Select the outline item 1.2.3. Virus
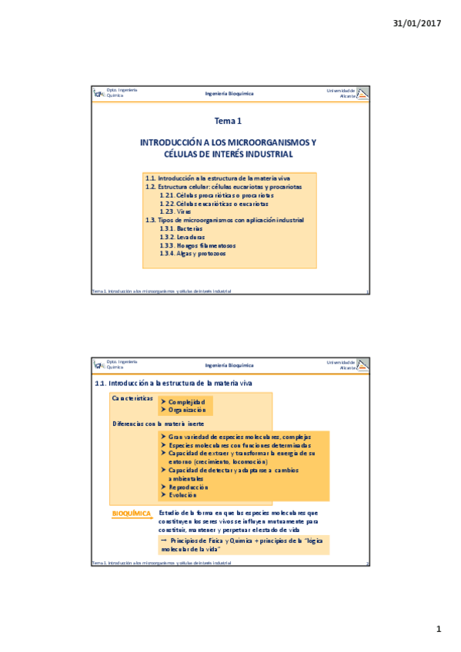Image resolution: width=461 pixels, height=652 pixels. point(173,211)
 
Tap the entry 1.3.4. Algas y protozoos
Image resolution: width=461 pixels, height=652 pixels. point(193,254)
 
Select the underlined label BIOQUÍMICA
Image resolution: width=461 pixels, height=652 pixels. point(132,513)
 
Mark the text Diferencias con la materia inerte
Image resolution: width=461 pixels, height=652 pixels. point(159,424)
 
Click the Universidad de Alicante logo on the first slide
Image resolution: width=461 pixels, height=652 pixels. point(363,93)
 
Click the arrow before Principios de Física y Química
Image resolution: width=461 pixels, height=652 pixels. point(164,541)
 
